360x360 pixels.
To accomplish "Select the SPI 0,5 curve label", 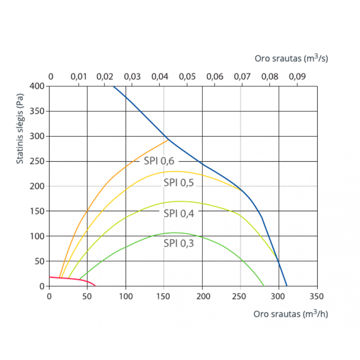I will coord(179,183).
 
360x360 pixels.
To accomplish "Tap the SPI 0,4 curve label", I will coord(179,213).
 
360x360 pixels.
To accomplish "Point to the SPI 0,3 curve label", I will coord(179,243).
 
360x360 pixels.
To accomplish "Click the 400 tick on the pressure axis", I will coord(38,86).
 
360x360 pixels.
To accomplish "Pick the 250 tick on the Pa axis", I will coord(38,161).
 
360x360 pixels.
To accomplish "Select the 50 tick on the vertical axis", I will coord(40,261).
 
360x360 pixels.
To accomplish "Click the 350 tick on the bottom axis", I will coord(317,296).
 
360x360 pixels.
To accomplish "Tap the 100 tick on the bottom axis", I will coord(126,296).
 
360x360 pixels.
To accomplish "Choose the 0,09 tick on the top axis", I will coord(297,76).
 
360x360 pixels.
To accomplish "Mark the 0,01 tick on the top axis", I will coord(79,76).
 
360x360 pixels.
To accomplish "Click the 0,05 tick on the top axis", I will coord(188,76).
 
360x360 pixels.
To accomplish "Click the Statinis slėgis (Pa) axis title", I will coord(20,128).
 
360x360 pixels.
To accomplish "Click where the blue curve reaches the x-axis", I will coord(287,286).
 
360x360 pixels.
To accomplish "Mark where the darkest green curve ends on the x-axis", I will coord(264,285).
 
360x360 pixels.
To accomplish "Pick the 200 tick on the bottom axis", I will coord(202,296).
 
